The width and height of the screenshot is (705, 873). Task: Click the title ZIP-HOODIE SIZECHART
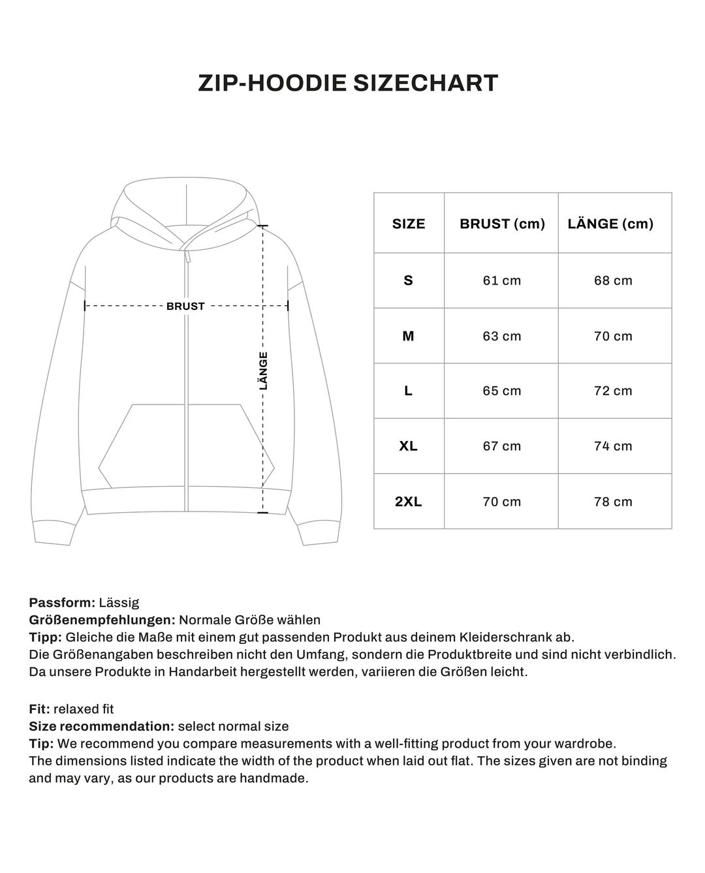point(348,84)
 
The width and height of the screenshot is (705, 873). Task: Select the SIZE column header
point(409,224)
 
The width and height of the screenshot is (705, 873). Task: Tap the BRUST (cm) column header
point(502,224)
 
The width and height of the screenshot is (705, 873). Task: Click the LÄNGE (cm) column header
point(610,224)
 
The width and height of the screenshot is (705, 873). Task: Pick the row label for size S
point(409,281)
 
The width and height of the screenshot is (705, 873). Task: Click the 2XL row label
point(409,502)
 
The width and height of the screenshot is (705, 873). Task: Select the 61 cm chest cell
point(502,281)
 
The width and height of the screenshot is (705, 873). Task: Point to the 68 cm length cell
point(613,281)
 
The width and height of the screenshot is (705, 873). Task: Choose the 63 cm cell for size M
point(502,336)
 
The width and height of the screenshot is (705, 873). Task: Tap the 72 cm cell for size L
point(613,391)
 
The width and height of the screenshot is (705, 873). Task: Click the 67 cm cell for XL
point(502,446)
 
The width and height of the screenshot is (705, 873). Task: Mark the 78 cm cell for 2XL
point(613,502)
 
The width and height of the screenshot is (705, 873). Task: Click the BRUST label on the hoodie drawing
point(185,306)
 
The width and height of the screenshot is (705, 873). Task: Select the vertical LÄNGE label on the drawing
point(263,371)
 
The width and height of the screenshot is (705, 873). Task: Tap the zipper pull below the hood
point(188,257)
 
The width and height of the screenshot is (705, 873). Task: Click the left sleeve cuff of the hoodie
point(52,533)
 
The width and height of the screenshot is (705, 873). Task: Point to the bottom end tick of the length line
point(263,512)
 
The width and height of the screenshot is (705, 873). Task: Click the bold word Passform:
point(62,603)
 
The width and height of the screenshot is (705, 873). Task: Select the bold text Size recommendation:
point(101,726)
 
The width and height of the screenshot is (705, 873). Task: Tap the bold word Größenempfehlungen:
point(102,620)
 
